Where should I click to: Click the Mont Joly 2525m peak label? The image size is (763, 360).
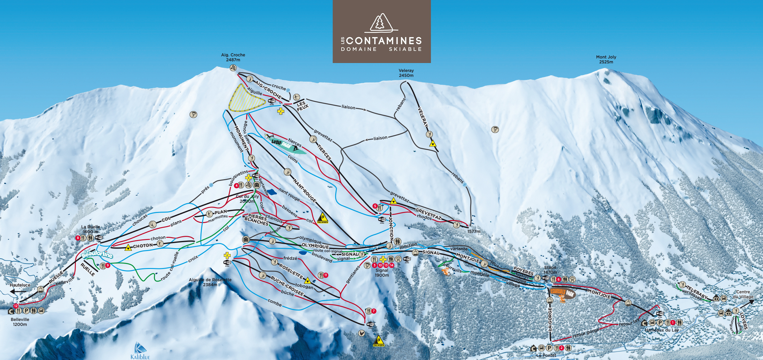click(606, 59)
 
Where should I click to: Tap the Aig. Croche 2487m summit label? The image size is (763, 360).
click(233, 57)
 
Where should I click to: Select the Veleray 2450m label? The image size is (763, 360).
click(406, 73)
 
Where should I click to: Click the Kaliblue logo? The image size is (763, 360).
click(140, 351)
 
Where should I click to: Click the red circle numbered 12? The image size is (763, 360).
click(16, 306)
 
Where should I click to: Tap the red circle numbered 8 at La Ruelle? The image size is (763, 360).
click(78, 238)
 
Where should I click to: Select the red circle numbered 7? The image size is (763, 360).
click(374, 311)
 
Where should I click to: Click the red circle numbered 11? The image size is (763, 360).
click(325, 275)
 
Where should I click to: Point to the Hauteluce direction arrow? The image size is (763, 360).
click(14, 291)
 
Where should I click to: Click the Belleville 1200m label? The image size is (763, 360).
click(20, 322)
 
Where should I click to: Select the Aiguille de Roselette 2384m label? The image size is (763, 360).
click(210, 282)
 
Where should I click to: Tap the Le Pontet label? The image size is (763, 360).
click(546, 355)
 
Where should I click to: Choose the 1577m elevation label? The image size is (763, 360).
click(474, 231)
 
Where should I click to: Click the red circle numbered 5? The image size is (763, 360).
click(375, 206)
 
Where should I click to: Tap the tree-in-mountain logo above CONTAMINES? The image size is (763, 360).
click(381, 23)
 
